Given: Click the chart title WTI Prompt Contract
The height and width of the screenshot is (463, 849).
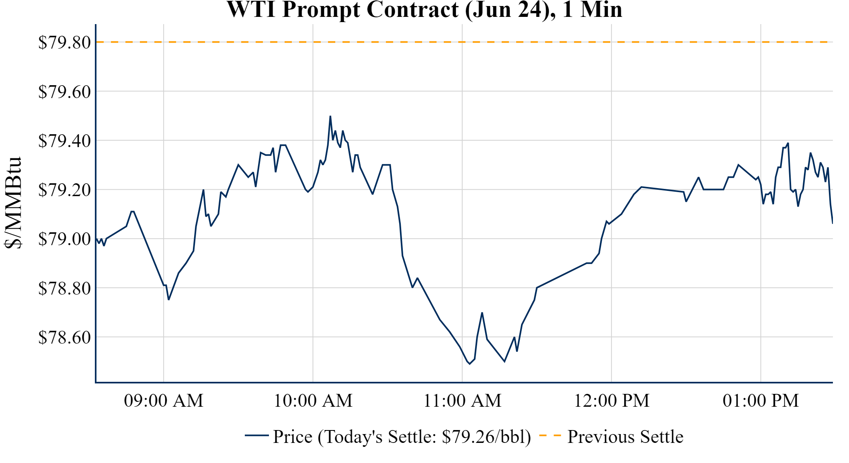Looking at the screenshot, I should click(424, 10).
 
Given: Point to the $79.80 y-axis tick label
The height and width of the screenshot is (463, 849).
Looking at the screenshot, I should click(64, 42).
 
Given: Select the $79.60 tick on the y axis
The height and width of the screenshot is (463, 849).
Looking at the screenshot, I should click(64, 92).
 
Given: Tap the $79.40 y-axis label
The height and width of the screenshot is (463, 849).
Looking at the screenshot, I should click(64, 141).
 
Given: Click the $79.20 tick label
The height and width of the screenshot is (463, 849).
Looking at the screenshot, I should click(64, 190).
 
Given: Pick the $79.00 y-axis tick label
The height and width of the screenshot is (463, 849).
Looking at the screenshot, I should click(64, 239).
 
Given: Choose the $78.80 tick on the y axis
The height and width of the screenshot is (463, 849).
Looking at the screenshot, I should click(64, 288).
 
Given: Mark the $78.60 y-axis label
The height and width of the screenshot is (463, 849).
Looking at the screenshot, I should click(64, 337).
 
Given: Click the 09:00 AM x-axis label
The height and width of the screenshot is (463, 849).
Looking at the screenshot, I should click(164, 401).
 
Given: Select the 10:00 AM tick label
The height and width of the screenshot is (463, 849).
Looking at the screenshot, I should click(313, 401).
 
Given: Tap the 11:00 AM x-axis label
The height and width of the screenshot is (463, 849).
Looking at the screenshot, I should click(462, 401).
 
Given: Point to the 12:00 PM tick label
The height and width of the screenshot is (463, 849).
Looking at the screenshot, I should click(611, 401).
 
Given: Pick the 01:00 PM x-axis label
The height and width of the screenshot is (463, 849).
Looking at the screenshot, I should click(761, 401).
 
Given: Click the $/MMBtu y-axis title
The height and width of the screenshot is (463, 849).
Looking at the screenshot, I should click(13, 203).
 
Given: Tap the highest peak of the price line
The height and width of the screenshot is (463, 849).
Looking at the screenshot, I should click(330, 116).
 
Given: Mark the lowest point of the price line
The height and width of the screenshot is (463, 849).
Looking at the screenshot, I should click(470, 364).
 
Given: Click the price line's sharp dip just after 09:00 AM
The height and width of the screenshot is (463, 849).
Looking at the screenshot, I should click(169, 299).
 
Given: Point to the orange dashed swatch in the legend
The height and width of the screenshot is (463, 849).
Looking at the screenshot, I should click(550, 435).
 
